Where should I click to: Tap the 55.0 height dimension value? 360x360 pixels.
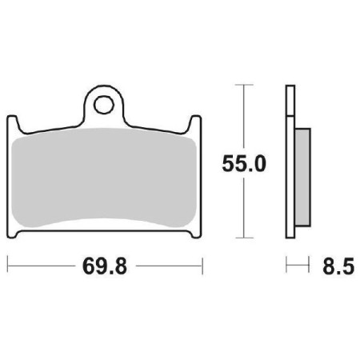(x=243, y=164)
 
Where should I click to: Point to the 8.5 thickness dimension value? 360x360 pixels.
(x=337, y=263)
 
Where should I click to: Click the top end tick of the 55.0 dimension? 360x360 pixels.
(x=243, y=84)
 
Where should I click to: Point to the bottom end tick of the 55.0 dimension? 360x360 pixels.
(x=243, y=238)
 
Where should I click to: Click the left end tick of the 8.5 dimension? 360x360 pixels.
(x=287, y=263)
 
